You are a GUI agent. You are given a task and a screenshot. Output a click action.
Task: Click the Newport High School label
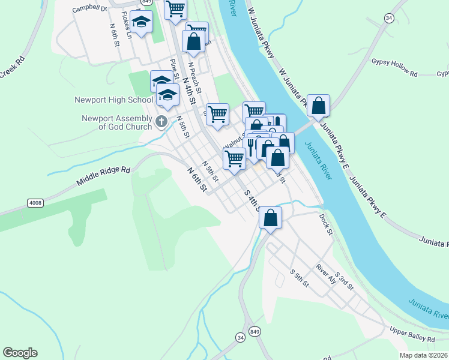point(113,100)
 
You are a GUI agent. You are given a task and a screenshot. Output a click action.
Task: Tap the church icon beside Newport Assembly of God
point(161,122)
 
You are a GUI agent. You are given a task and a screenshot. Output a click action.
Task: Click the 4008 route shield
point(35,203)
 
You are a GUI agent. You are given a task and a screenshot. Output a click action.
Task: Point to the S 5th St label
point(299,277)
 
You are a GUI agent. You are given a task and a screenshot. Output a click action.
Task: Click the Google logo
point(20,353)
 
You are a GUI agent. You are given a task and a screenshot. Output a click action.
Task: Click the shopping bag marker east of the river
point(318,106)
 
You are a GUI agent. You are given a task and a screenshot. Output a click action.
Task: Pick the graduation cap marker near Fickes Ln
point(141,22)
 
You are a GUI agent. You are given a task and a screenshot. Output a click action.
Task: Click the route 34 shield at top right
point(389,19)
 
